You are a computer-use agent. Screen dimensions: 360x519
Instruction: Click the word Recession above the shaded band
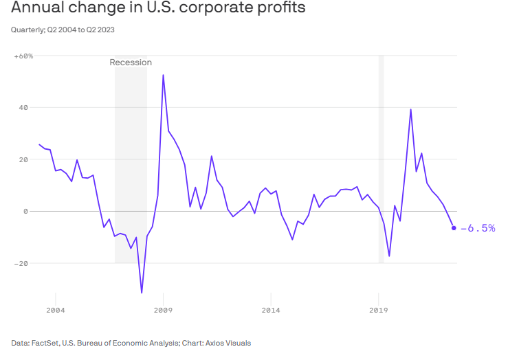point(131,63)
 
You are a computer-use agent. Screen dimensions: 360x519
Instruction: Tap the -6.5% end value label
point(478,228)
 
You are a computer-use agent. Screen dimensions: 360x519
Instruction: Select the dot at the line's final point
point(454,228)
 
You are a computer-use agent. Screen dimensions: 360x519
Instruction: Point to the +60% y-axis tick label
point(23,56)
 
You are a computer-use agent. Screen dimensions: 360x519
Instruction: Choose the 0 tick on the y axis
point(25,212)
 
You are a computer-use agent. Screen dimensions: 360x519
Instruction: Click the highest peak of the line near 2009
point(163,75)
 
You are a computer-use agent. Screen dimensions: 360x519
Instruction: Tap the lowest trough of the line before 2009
point(142,293)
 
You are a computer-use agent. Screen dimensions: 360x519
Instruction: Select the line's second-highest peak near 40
point(410,109)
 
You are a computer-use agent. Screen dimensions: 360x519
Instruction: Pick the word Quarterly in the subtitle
point(28,30)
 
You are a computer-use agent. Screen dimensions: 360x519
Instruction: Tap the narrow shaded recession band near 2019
point(381,158)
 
